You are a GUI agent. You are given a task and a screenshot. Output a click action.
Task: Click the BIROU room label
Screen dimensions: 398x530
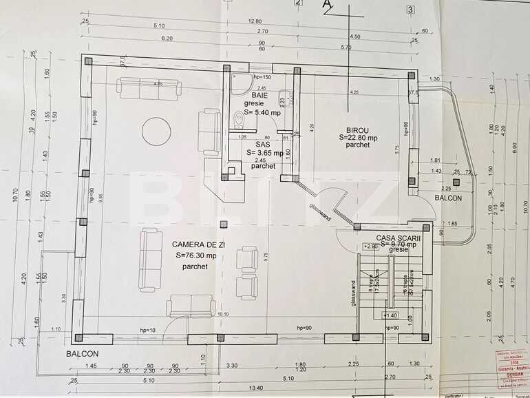[x=357, y=129]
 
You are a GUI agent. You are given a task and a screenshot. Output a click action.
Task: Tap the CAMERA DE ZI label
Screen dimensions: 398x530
[x=191, y=244]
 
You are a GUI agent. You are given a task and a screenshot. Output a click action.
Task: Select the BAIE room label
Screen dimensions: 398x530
[x=259, y=95]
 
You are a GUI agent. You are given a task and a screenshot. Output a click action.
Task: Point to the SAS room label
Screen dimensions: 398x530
[x=263, y=145]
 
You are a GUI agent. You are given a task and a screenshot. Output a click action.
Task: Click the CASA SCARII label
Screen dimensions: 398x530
[x=399, y=236]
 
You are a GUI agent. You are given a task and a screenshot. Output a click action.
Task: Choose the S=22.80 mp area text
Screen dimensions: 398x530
[x=358, y=137]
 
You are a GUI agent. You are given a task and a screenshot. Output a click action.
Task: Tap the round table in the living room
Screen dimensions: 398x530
[x=156, y=129]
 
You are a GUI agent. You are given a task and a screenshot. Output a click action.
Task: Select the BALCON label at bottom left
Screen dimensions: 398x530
[x=83, y=353]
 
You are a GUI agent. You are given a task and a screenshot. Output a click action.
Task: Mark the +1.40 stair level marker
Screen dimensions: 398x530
[x=390, y=315]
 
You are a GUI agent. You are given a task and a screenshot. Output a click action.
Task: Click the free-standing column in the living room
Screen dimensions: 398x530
[x=222, y=224]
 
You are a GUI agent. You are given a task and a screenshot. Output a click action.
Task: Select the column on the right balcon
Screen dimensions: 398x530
[x=456, y=182]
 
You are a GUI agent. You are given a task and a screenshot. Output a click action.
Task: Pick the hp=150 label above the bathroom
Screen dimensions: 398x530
[x=262, y=77]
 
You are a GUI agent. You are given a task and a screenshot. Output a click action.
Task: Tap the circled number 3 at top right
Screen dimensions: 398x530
[x=411, y=10]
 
